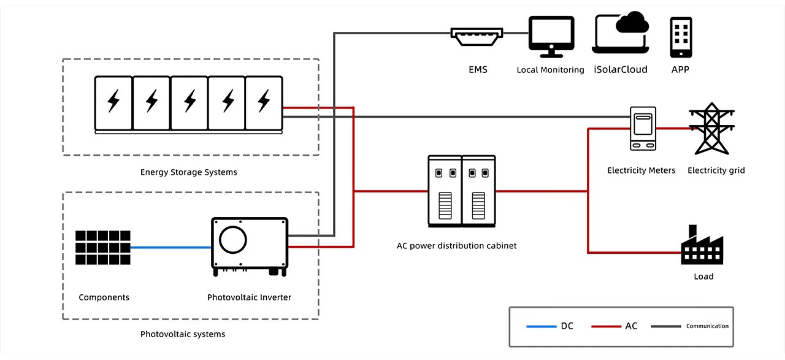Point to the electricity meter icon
(643, 128)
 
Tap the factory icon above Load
(702, 248)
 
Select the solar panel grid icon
(103, 247)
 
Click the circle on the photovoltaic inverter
(233, 240)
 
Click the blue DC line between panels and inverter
(171, 247)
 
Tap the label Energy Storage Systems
(189, 172)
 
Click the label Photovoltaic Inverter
(249, 297)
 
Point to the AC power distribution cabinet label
(457, 246)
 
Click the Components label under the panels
(104, 297)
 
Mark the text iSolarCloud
(620, 70)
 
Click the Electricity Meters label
(641, 170)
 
